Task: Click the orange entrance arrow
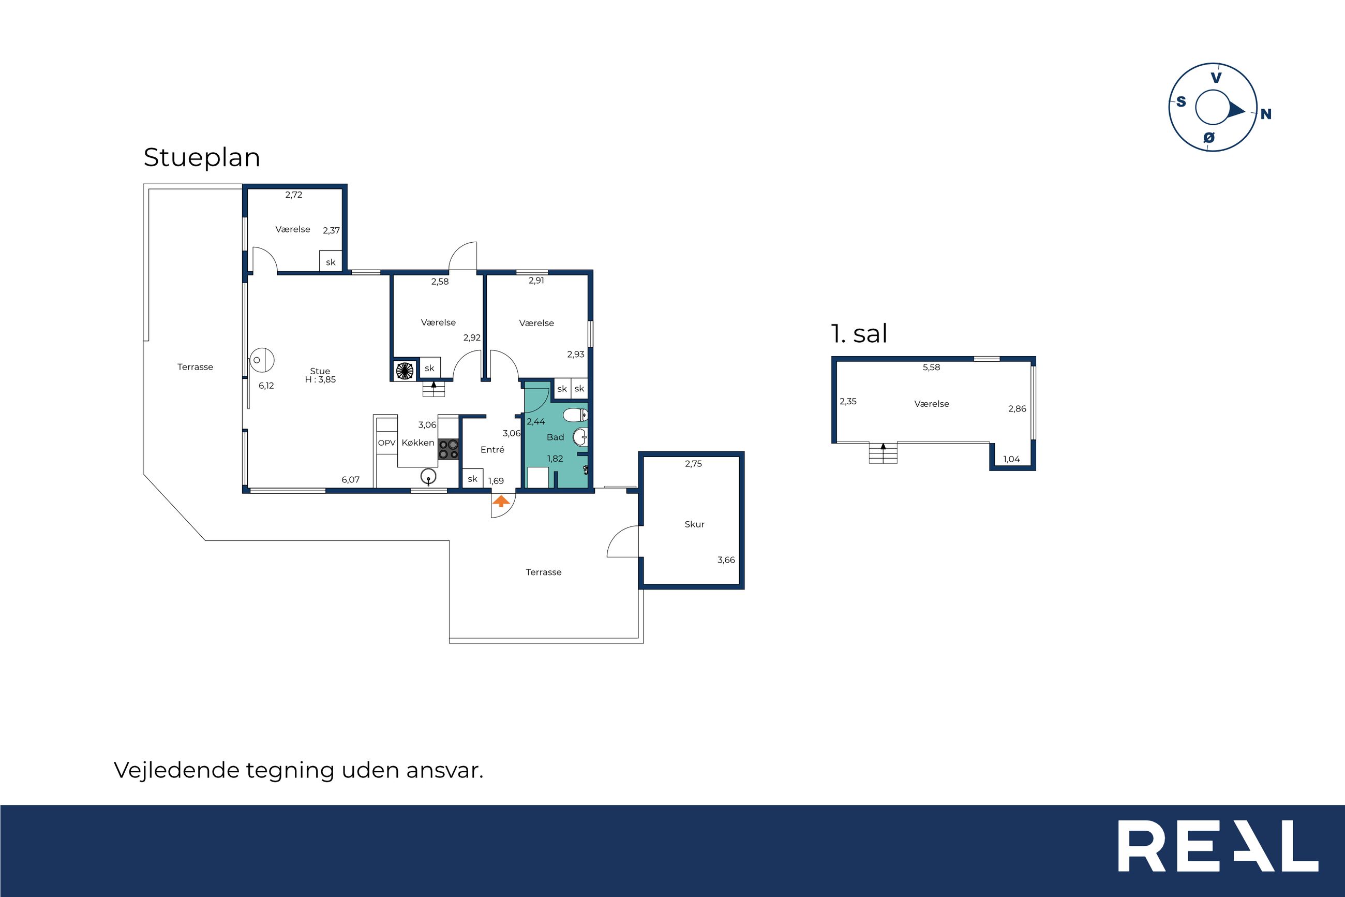click(501, 501)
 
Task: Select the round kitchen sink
click(428, 476)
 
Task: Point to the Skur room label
click(695, 524)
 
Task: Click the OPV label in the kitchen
click(386, 443)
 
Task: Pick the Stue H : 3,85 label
click(320, 375)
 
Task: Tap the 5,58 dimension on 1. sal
click(931, 367)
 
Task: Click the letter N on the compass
click(1265, 114)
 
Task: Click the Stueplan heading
click(202, 158)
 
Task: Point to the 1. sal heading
click(859, 333)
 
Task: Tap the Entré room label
click(492, 450)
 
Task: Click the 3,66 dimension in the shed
click(726, 560)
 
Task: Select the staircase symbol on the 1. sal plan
click(883, 452)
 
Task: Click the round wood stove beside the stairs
click(405, 370)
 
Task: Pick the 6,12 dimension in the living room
click(266, 386)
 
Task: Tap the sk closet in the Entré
click(472, 479)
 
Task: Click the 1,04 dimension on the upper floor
click(1011, 459)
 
